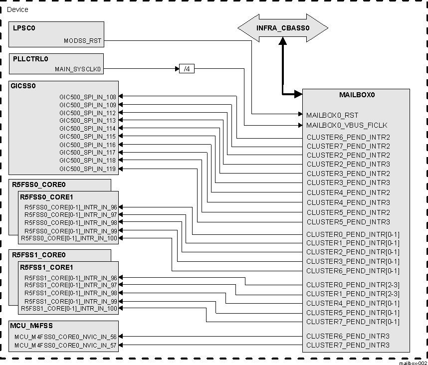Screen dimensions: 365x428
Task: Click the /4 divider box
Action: [187, 69]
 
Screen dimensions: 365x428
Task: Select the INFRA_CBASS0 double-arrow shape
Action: [282, 28]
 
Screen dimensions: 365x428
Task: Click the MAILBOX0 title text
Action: [357, 94]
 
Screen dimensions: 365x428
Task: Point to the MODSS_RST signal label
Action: [83, 41]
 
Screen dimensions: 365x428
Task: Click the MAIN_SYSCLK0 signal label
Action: [79, 69]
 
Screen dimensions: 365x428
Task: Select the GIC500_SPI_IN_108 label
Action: [87, 97]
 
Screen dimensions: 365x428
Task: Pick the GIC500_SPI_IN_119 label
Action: [87, 169]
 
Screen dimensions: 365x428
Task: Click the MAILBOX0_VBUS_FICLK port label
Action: [347, 125]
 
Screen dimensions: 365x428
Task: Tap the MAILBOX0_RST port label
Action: [332, 115]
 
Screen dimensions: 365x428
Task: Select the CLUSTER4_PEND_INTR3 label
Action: [348, 202]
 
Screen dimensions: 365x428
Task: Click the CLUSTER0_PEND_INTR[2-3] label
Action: [353, 285]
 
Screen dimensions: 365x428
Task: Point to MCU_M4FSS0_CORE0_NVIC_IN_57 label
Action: [65, 345]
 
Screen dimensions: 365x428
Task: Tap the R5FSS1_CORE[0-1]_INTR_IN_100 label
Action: [69, 309]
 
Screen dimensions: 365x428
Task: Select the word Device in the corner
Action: [17, 9]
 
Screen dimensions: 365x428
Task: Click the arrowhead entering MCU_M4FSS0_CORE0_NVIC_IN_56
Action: [121, 337]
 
